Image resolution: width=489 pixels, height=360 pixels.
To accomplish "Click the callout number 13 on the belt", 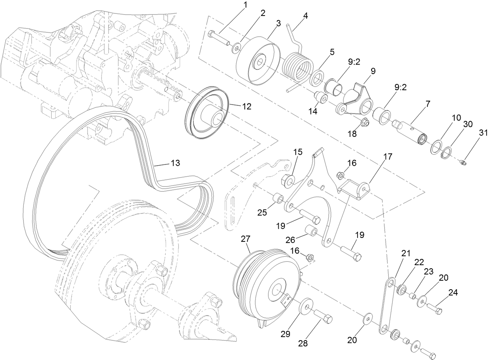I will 175,163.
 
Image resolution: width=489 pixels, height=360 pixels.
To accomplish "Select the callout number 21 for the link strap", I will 406,253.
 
